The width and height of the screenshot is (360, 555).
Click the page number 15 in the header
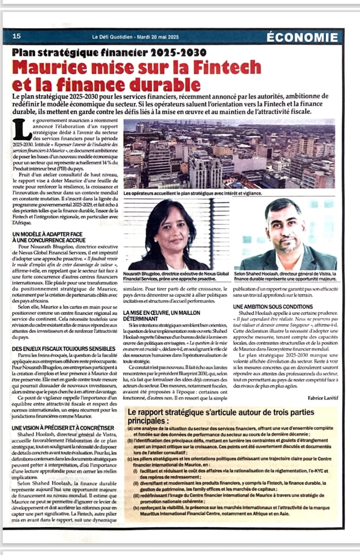pyautogui.click(x=16, y=36)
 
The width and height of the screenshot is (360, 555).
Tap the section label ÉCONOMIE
pyautogui.click(x=302, y=37)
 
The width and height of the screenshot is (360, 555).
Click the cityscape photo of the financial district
pyautogui.click(x=229, y=153)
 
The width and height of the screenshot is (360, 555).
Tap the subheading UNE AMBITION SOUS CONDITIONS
pyautogui.click(x=275, y=307)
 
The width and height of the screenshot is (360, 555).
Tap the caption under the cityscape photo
pyautogui.click(x=193, y=193)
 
